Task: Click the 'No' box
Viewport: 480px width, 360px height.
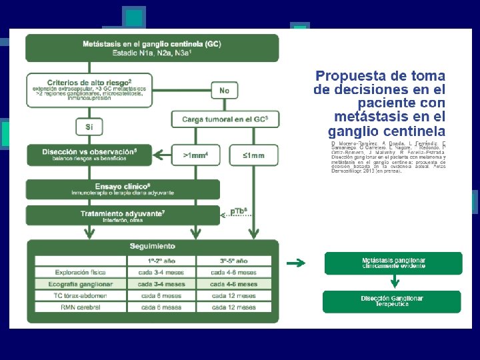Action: click(225, 90)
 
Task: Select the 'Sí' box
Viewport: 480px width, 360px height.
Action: click(89, 125)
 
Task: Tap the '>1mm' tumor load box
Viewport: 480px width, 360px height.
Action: click(195, 155)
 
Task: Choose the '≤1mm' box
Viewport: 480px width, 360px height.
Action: click(253, 155)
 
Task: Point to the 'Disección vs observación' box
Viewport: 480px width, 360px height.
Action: click(89, 154)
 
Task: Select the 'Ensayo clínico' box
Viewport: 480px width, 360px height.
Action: click(123, 189)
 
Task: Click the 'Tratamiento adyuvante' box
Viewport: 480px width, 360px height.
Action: click(123, 215)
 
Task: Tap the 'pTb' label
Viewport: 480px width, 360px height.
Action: click(239, 211)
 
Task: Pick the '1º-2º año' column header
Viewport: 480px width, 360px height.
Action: click(162, 261)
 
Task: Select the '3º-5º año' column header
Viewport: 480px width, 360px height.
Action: click(233, 261)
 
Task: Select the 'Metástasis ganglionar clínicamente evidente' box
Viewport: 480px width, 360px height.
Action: click(393, 263)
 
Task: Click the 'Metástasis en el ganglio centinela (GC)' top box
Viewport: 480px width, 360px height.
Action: click(153, 47)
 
